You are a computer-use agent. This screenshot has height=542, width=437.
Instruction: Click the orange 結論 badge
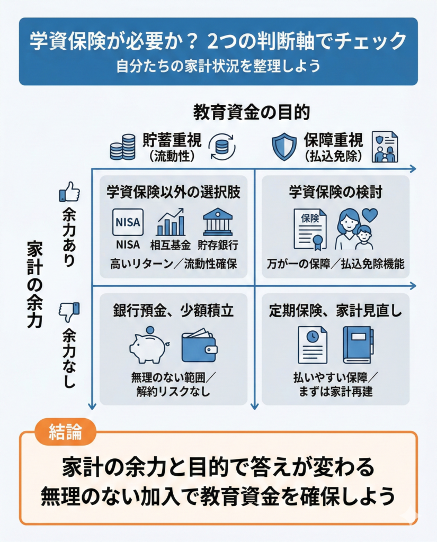click(65, 431)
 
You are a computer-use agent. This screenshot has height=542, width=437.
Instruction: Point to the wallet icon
click(199, 347)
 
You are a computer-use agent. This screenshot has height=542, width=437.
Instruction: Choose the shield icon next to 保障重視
click(284, 147)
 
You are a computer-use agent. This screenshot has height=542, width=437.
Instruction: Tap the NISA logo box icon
click(128, 222)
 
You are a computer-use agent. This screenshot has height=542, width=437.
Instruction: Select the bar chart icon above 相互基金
click(170, 222)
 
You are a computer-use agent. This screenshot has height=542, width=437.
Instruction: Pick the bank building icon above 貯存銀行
click(218, 222)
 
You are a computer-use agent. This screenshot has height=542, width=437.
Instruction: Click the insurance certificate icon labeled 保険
click(310, 229)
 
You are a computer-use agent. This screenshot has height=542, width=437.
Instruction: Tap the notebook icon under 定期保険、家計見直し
click(358, 345)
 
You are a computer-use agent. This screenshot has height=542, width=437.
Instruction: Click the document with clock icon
click(312, 345)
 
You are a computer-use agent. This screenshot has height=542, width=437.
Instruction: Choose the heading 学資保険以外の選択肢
click(173, 192)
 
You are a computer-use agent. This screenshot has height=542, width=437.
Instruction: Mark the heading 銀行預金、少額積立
click(173, 311)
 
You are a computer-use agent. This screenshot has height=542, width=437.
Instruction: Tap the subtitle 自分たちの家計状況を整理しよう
click(218, 67)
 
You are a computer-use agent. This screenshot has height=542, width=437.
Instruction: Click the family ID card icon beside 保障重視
click(385, 147)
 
